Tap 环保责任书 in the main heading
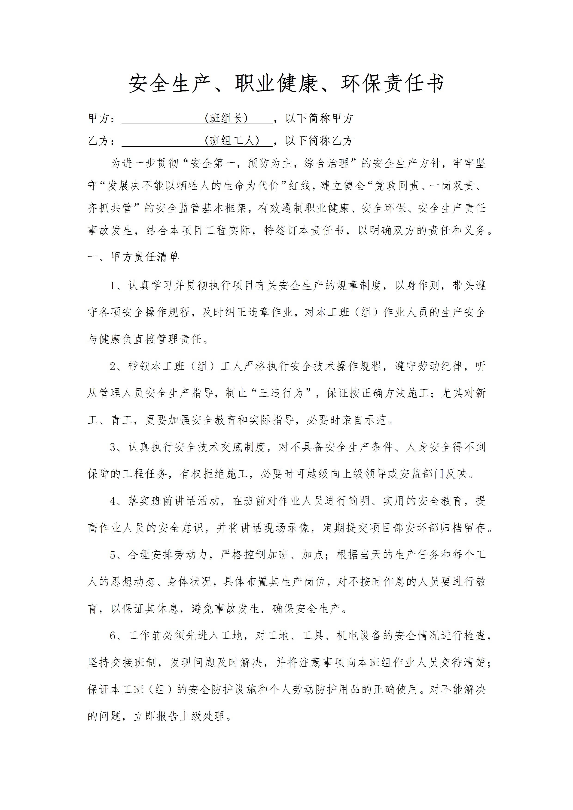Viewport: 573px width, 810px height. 392,84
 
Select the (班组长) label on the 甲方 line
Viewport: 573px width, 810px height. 226,118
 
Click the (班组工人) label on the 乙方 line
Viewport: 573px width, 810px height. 232,141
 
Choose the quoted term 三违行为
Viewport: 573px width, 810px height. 281,393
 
